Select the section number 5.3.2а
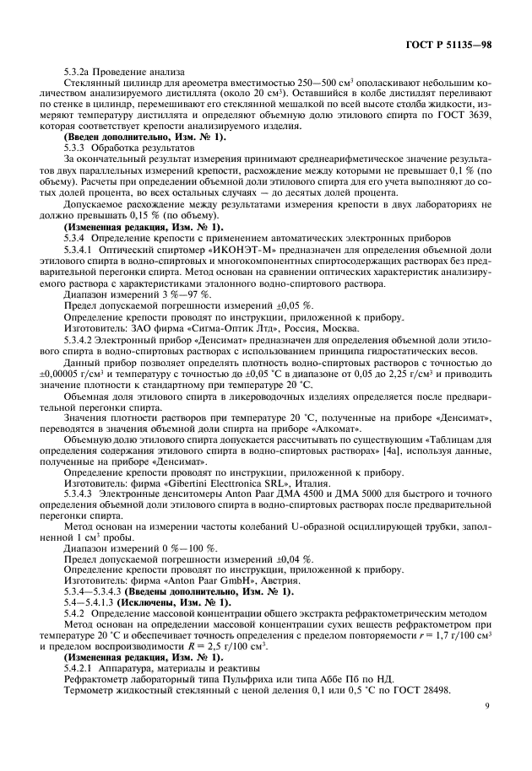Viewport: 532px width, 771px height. coord(79,73)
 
